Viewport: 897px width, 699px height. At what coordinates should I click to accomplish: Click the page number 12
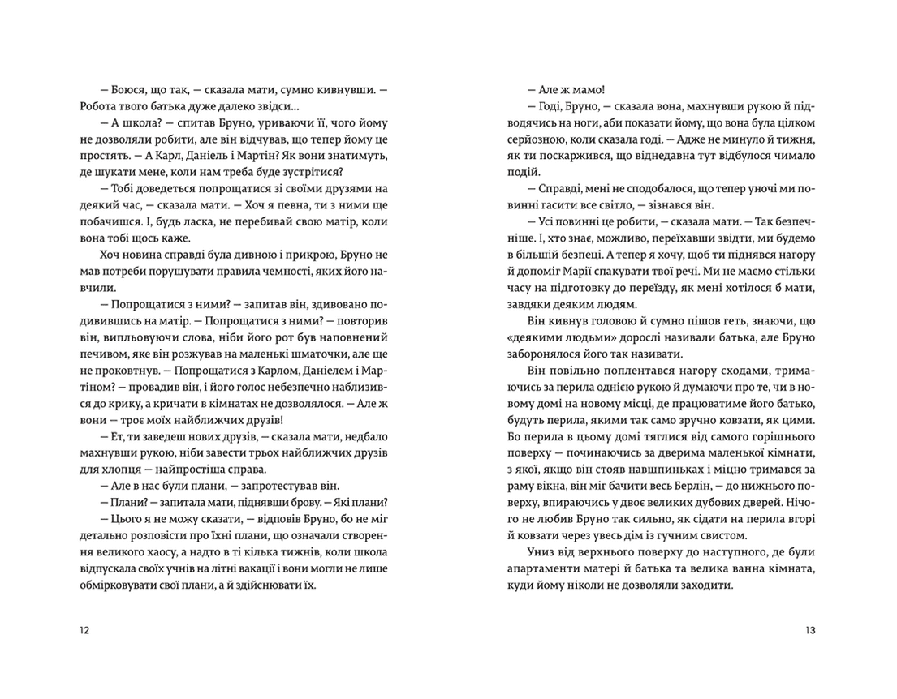pyautogui.click(x=86, y=630)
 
